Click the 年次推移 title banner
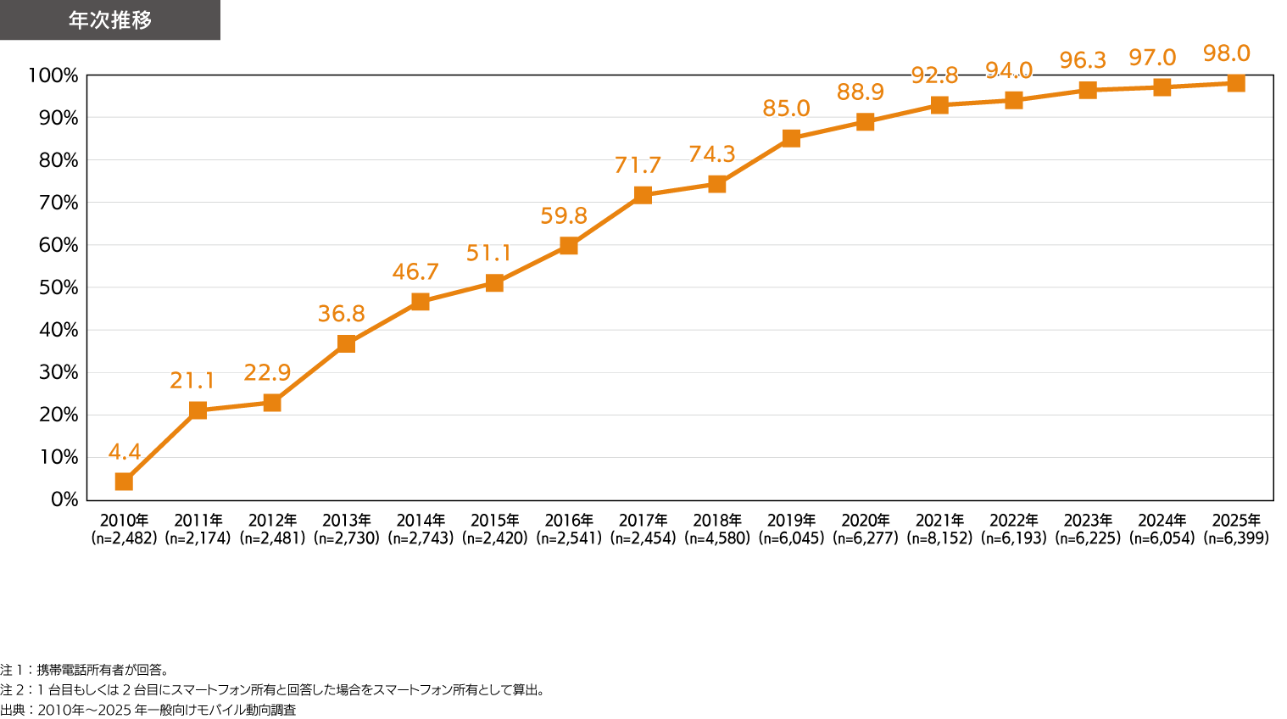coord(110,20)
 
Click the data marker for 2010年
coord(124,482)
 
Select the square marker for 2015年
coord(494,283)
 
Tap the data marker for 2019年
coord(791,138)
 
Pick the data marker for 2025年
coord(1236,83)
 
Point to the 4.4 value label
coord(124,452)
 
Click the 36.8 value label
coord(341,314)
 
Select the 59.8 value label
coord(564,216)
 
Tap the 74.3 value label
coord(712,154)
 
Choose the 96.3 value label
coord(1083,60)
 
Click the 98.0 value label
coord(1226,54)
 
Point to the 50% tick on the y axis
coord(58,287)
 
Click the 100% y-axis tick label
coord(53,75)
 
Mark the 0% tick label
coord(64,499)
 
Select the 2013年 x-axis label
coord(347,521)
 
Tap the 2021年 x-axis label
coord(939,521)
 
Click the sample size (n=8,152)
coord(939,538)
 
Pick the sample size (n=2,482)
coord(124,538)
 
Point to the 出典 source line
coord(148,711)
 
